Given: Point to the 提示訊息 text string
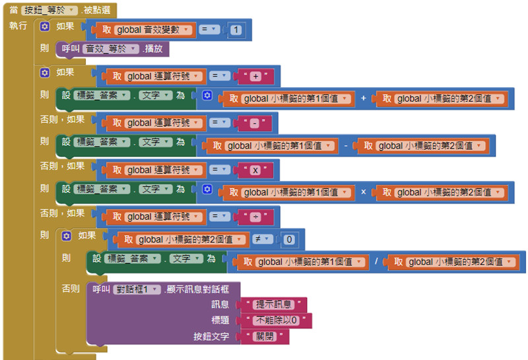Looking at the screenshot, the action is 275,305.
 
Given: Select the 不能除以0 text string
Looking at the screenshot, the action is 277,321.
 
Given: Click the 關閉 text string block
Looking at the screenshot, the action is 271,337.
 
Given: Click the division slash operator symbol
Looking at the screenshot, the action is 377,263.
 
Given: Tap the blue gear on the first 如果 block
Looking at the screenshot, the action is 45,27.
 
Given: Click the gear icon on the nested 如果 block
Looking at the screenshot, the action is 67,235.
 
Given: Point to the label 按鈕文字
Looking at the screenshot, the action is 211,337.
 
